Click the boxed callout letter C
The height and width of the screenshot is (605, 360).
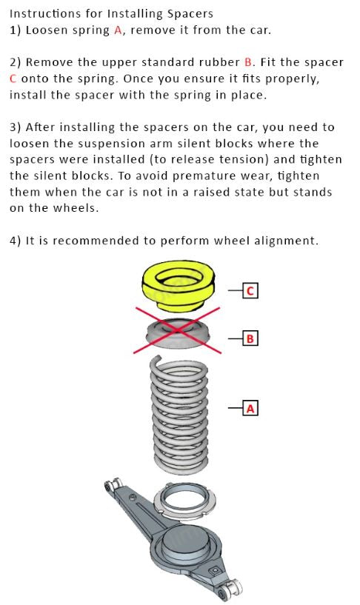250,290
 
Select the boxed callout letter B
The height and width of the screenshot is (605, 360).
250,338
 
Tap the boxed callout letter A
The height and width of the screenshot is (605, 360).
250,408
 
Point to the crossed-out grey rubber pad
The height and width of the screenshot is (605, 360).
178,333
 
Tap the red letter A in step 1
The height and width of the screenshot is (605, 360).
118,30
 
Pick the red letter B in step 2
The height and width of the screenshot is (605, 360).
248,62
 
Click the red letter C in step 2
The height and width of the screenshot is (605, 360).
13,78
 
